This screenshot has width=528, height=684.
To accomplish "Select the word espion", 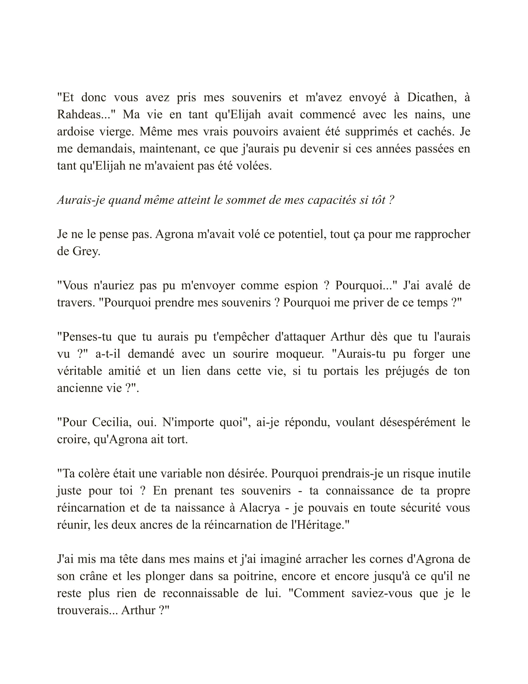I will coord(301,286).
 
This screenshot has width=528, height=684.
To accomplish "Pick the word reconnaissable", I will coord(201,593).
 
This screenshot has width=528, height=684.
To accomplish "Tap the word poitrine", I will coord(255,576).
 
